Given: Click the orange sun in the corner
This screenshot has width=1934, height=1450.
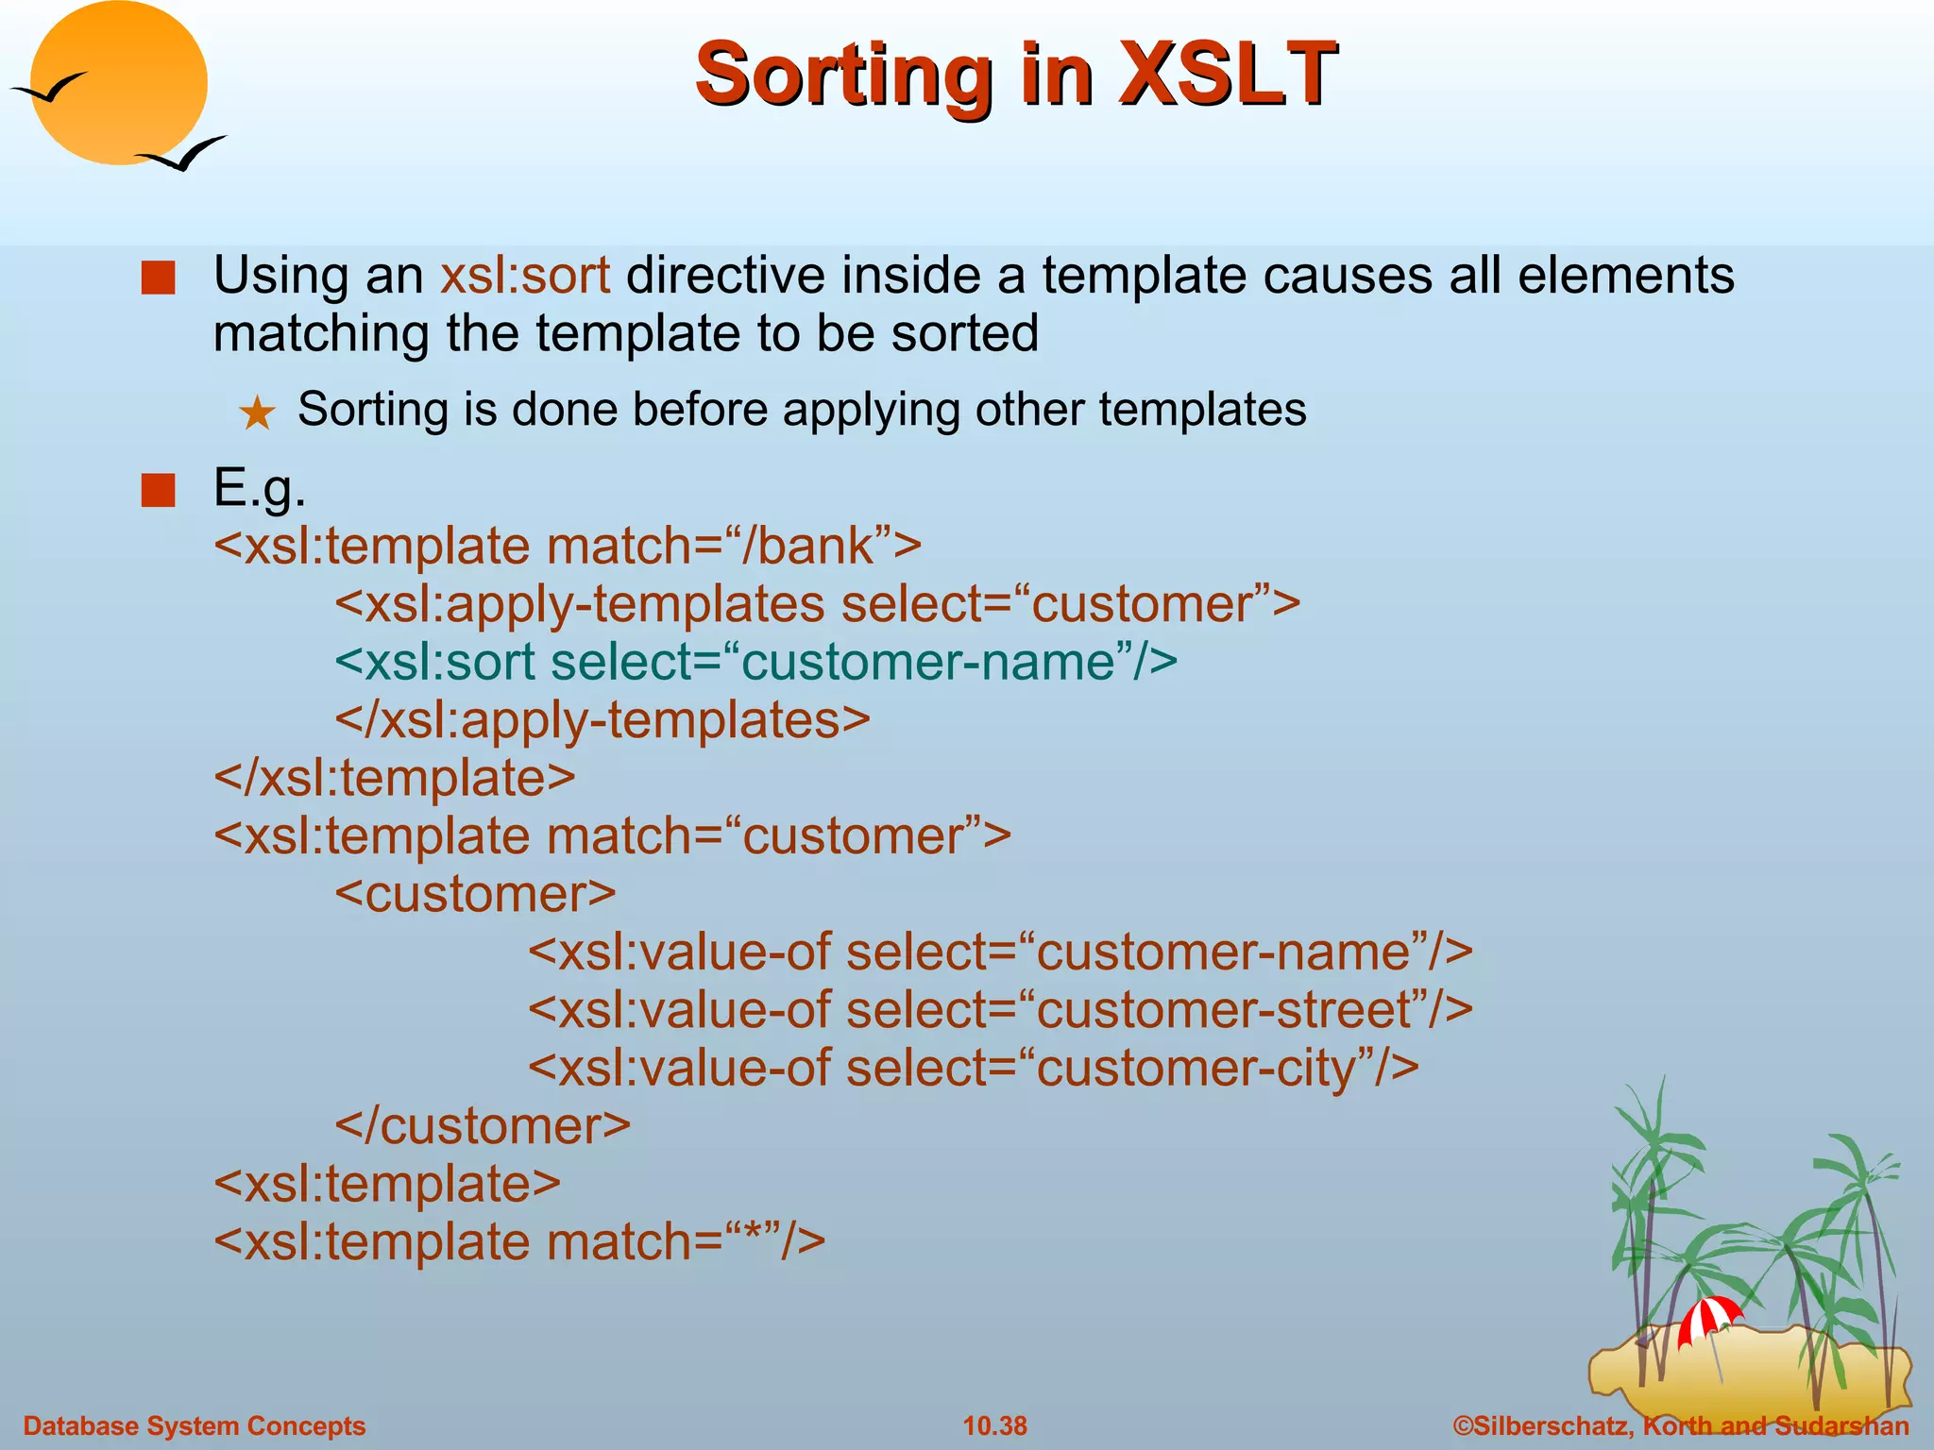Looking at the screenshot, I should (118, 83).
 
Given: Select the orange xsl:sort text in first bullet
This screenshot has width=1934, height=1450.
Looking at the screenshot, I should (525, 276).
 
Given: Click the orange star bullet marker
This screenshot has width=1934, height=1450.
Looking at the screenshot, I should (257, 413).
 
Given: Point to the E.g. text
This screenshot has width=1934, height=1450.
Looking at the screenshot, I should (260, 488).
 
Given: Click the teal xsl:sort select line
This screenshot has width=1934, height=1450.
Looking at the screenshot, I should (755, 662).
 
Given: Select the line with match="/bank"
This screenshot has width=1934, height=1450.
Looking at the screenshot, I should (568, 547).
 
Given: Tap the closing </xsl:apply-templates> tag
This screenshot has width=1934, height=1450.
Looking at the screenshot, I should (602, 720).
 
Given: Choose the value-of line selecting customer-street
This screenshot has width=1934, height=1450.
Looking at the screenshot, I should (1000, 1010).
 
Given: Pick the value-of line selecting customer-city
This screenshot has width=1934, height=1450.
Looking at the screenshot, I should (973, 1069).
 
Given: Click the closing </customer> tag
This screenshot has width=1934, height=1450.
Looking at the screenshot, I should (483, 1126).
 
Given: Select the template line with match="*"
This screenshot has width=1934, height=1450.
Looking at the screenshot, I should (519, 1242).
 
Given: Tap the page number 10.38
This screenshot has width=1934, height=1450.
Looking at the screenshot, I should (994, 1425).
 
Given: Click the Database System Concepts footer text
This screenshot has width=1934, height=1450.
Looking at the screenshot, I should (194, 1425).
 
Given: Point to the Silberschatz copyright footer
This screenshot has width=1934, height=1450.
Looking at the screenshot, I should (1681, 1425).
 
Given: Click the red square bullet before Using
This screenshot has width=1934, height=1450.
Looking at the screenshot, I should (158, 278).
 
